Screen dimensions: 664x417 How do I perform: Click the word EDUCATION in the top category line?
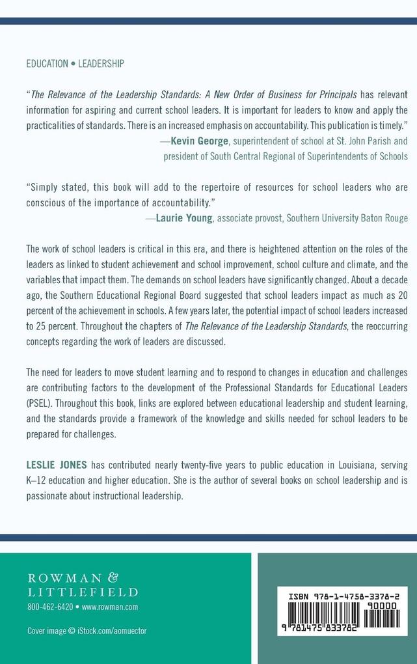[47, 64]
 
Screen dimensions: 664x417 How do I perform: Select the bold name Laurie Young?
[184, 218]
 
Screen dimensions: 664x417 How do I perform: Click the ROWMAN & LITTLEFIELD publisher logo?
[82, 585]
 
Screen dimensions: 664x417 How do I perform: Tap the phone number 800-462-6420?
[51, 607]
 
